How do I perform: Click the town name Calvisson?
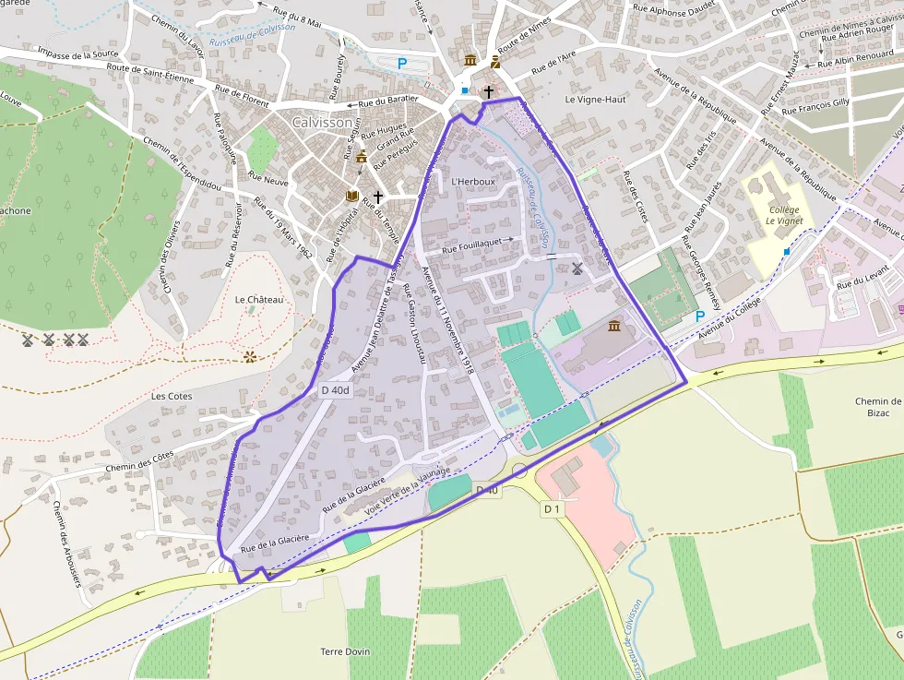point(322,122)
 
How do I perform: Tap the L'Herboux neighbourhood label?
point(473,182)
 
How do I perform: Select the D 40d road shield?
point(336,390)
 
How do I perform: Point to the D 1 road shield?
point(552,508)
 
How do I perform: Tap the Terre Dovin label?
point(345,651)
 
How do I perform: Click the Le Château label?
point(258,300)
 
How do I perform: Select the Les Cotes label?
point(172,396)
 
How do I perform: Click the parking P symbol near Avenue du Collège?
point(699,316)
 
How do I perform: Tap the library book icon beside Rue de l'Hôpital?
point(351,196)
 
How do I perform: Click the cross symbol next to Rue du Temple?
point(377,197)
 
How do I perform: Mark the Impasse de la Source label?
point(74,54)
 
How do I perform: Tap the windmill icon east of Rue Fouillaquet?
point(577,268)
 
